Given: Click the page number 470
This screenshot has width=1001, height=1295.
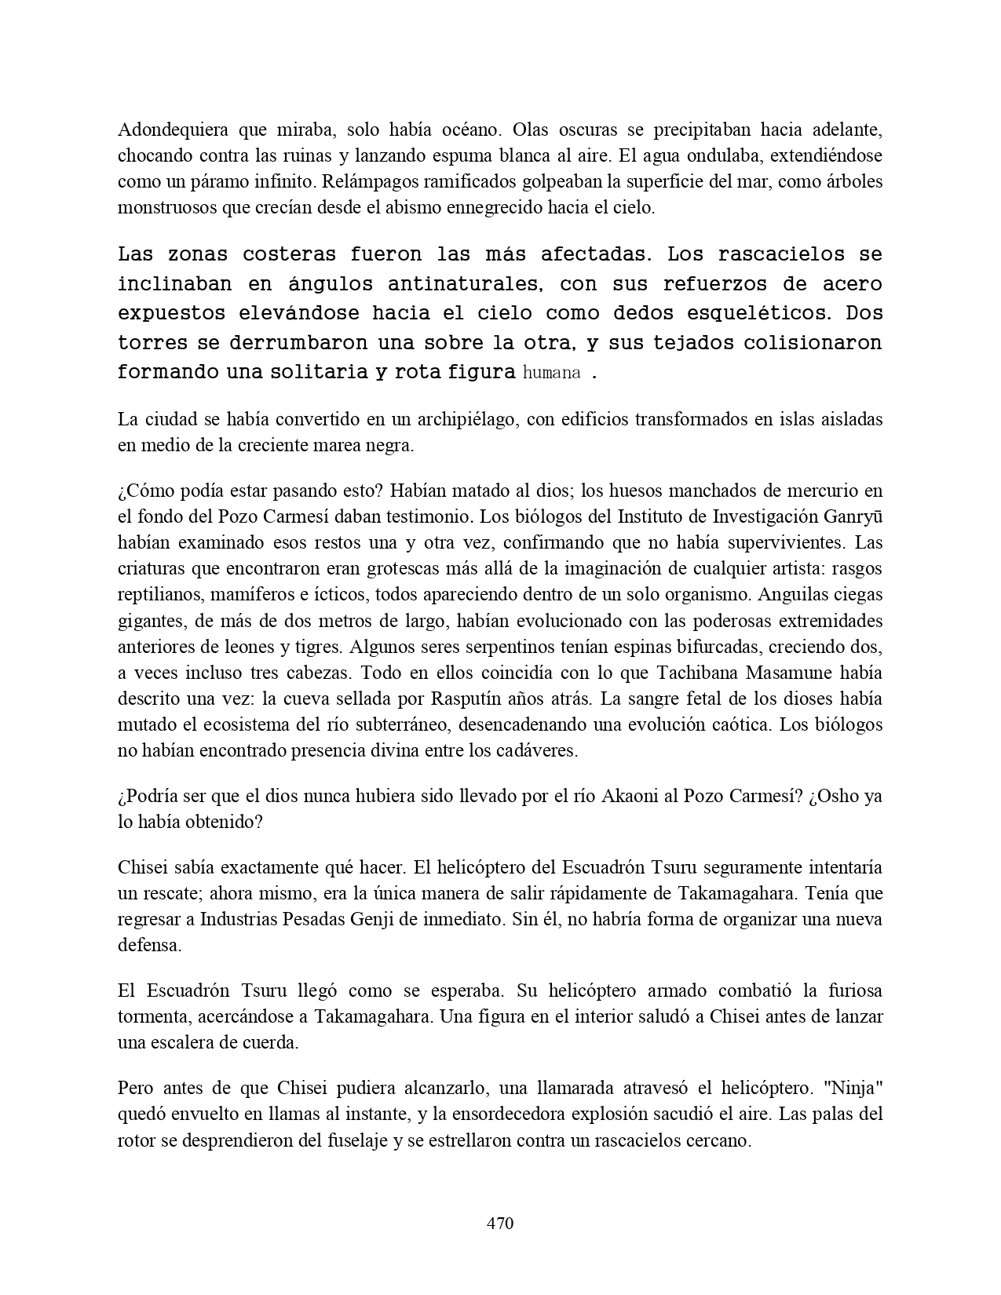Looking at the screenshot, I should tap(500, 1223).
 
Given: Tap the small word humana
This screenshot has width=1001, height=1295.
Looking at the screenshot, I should tap(551, 373).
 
